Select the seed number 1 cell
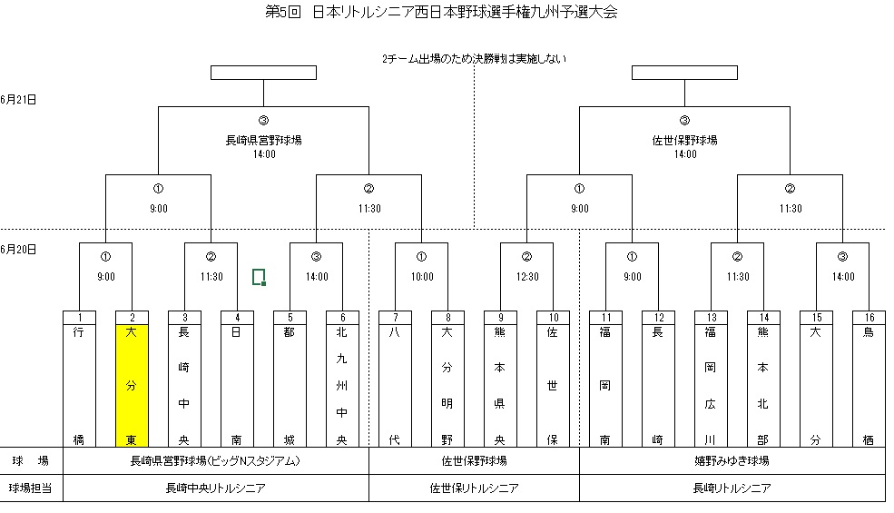(79, 317)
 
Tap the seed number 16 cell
(869, 317)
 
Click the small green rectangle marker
(259, 277)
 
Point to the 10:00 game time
(422, 277)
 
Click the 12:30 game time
(527, 277)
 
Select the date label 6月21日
(18, 99)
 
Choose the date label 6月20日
(18, 249)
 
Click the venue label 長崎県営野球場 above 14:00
(263, 141)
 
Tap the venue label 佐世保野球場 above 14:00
(685, 141)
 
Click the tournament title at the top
(442, 13)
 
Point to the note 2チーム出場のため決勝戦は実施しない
(475, 59)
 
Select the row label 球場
(31, 461)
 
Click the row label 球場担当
(31, 488)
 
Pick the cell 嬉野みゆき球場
(732, 461)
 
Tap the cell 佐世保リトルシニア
(474, 488)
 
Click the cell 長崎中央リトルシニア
(215, 488)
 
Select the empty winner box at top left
(263, 73)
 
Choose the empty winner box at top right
(684, 73)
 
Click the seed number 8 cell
(447, 317)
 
